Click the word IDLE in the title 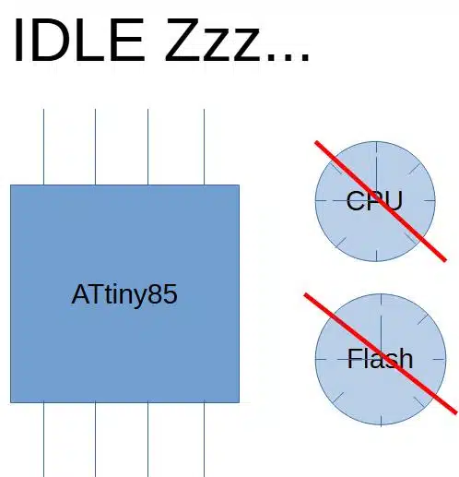click(79, 40)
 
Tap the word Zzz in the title click(213, 40)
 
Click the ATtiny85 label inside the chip click(124, 295)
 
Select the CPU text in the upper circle click(374, 201)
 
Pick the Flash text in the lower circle click(380, 359)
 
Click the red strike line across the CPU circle click(381, 201)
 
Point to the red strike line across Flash click(381, 353)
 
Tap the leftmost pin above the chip click(43, 147)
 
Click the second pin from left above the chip click(95, 147)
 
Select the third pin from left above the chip click(148, 147)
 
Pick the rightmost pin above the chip click(205, 147)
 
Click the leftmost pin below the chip click(43, 439)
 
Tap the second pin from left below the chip click(95, 439)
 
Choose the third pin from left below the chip click(148, 439)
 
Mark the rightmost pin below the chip click(205, 439)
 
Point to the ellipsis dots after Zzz click(288, 58)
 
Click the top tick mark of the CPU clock click(377, 150)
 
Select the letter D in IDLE click(51, 40)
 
